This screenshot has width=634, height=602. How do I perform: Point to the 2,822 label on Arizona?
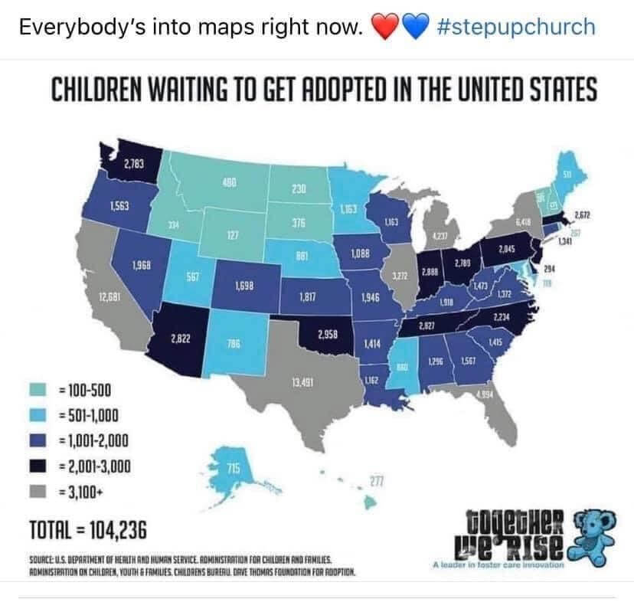pos(181,338)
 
